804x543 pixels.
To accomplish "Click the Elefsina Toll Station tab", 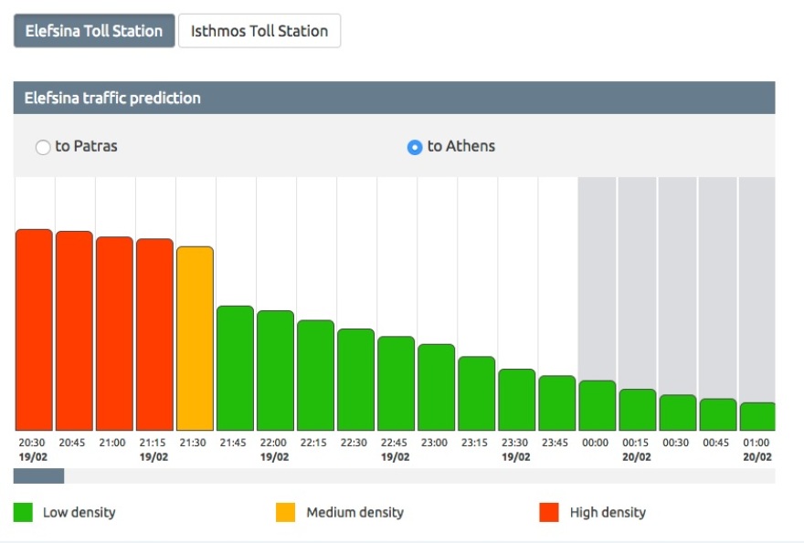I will [x=93, y=30].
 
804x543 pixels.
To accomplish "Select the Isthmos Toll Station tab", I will [x=259, y=30].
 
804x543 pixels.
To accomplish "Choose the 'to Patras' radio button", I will [x=43, y=147].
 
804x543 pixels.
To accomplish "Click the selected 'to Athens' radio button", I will [x=415, y=147].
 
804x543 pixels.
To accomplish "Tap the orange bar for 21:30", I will [x=195, y=339].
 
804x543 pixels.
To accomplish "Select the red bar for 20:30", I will [x=34, y=329].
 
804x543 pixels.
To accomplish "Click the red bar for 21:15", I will [x=154, y=335].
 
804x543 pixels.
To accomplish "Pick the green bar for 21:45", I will [x=235, y=368].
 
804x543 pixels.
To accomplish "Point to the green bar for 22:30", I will [x=355, y=380].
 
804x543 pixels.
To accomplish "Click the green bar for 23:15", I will [x=476, y=393].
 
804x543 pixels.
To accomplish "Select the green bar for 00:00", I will [x=597, y=405].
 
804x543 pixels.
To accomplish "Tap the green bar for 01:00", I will [x=757, y=416].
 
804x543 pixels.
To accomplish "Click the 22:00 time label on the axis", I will [x=274, y=443].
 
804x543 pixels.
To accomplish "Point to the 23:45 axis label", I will [x=555, y=443].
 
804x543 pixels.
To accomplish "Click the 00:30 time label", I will [x=676, y=443].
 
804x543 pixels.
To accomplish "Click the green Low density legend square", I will [x=24, y=513].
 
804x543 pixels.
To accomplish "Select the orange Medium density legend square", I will [x=286, y=513].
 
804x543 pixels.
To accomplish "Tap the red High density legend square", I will [x=549, y=513].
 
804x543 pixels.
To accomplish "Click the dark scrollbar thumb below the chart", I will [x=38, y=475].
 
